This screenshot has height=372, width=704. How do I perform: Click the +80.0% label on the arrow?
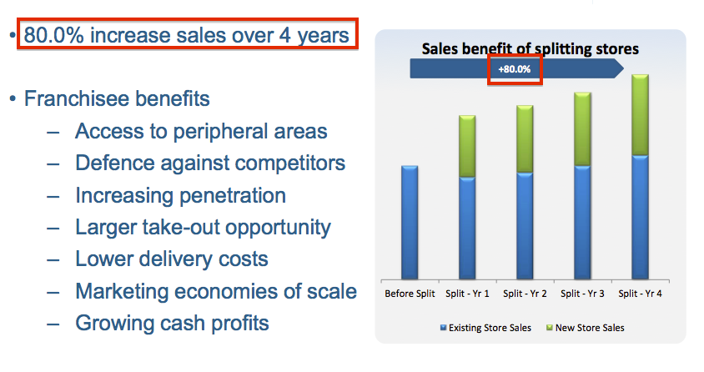coord(515,69)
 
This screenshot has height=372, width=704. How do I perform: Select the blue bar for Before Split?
coord(410,223)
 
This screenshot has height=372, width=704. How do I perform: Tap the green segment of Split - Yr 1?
coord(467,146)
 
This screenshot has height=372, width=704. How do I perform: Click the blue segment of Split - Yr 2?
coord(525,226)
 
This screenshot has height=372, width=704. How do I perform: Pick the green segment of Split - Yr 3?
coord(582,129)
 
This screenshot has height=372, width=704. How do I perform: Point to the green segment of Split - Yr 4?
coord(640,115)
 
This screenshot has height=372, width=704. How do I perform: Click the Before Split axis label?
coord(410,294)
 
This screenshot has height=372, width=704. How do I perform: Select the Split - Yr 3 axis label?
coord(582,294)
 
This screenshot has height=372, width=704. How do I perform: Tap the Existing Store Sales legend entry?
coord(485,328)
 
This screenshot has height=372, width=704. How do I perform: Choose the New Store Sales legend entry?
coord(585,328)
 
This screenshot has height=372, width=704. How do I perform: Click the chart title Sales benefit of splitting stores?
coord(531,48)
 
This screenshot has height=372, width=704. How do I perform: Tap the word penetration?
coord(233,196)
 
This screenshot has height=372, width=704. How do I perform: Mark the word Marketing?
coord(121,292)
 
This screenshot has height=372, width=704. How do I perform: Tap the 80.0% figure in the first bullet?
coord(54,35)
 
